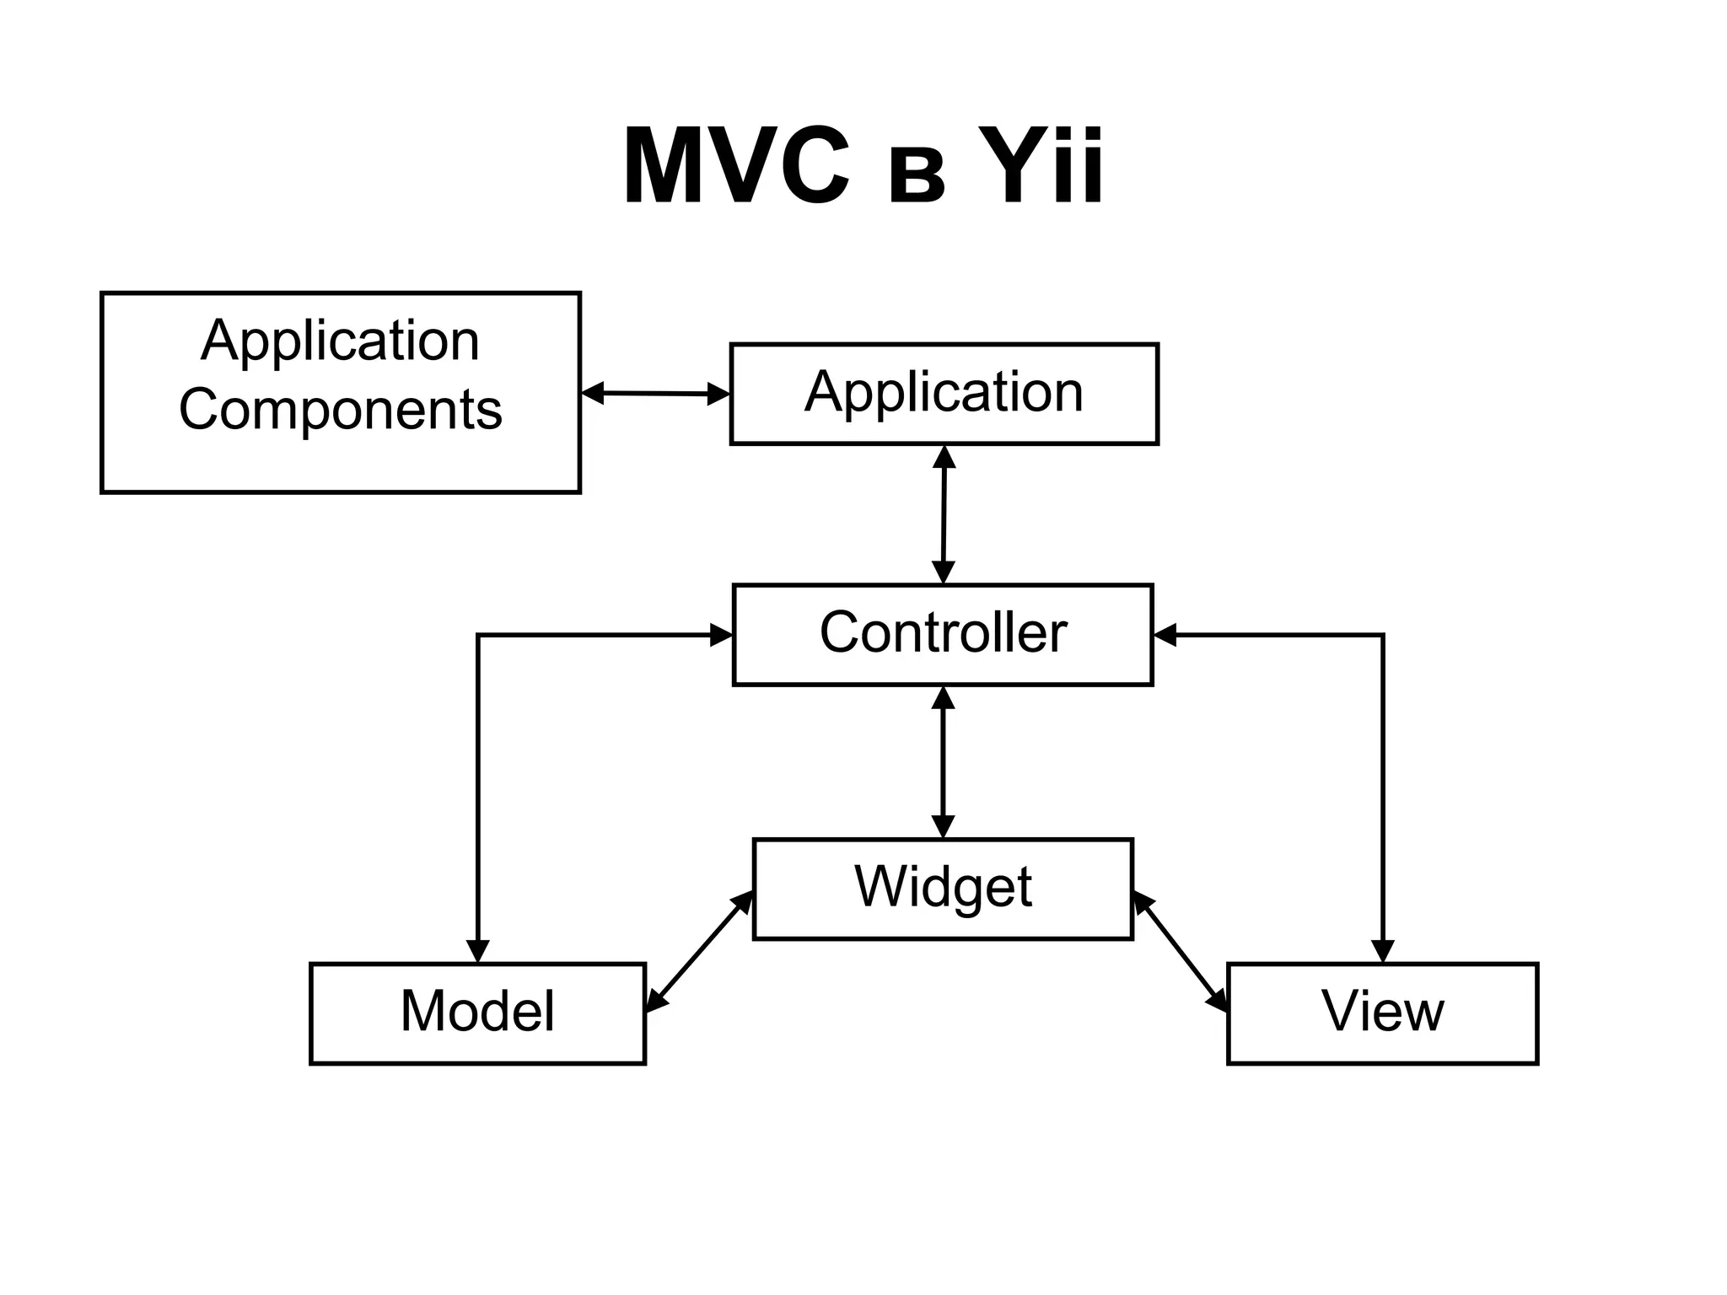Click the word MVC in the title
click(x=735, y=166)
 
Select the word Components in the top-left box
click(x=340, y=410)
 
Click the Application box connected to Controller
click(x=944, y=394)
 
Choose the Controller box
click(x=943, y=634)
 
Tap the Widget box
click(x=943, y=889)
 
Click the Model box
click(x=477, y=1013)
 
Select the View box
click(x=1382, y=1013)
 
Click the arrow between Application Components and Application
click(x=655, y=393)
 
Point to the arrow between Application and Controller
click(x=944, y=514)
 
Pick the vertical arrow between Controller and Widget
click(x=943, y=762)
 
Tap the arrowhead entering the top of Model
click(x=477, y=950)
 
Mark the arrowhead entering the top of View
click(x=1383, y=950)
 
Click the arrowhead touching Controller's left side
click(x=721, y=635)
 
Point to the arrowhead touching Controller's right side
click(x=1165, y=635)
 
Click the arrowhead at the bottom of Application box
click(x=944, y=457)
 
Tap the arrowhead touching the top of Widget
click(x=943, y=826)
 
